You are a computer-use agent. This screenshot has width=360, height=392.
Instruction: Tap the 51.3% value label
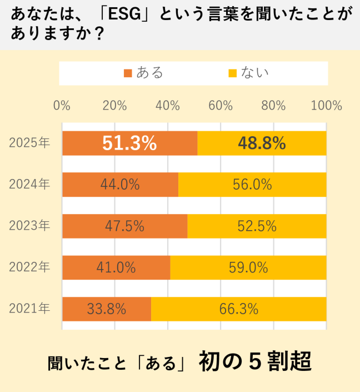tap(129, 143)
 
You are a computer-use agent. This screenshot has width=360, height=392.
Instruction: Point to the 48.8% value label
tap(262, 143)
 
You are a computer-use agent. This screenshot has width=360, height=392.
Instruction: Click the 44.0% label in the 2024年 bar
tap(120, 185)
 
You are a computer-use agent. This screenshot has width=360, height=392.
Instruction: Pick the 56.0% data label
tap(252, 185)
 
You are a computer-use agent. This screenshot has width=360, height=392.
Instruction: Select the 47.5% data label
tap(124, 226)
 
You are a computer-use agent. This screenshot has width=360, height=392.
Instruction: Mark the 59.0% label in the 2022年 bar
tap(248, 267)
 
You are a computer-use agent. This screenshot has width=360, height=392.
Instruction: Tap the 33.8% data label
tap(107, 309)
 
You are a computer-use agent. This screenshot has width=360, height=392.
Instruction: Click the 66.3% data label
tap(238, 309)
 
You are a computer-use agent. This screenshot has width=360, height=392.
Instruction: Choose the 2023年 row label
tap(29, 226)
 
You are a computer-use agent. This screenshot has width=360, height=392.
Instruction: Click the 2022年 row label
tap(29, 267)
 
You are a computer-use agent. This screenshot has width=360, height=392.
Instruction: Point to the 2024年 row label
tap(29, 185)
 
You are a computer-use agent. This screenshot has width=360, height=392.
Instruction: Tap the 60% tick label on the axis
tap(221, 106)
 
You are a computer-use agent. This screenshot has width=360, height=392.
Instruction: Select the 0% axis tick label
tap(62, 106)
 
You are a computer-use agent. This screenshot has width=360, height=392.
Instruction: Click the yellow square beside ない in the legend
tap(233, 73)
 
